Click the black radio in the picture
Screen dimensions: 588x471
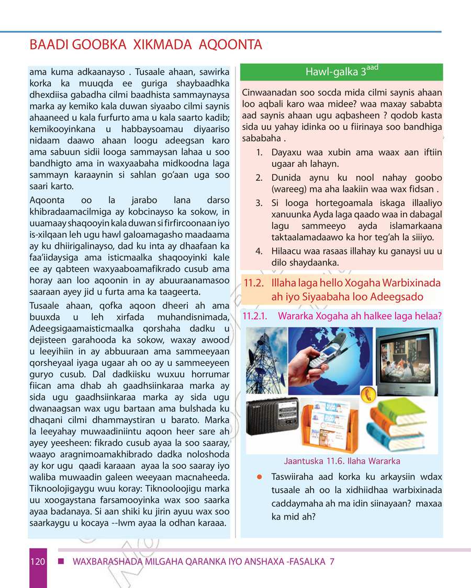(273, 416)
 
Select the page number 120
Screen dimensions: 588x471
(38, 562)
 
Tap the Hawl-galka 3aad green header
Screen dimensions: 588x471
(341, 72)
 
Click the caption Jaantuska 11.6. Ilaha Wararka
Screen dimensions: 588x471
(342, 461)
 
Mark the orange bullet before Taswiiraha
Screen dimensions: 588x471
(259, 477)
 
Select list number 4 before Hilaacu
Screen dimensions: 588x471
(259, 251)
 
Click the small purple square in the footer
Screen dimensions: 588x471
(61, 561)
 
